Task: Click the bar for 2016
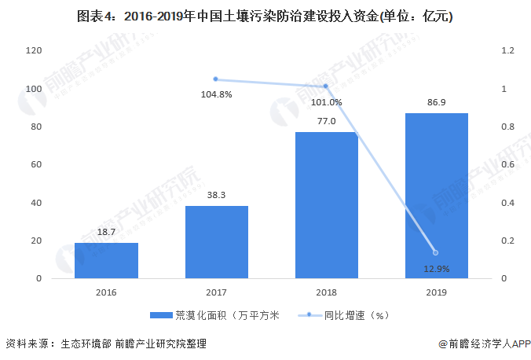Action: (x=106, y=260)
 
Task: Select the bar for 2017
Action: (x=216, y=242)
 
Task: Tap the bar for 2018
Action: (x=326, y=205)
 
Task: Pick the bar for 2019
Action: (x=436, y=196)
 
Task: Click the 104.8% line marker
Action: (x=216, y=79)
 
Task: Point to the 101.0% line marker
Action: (x=326, y=86)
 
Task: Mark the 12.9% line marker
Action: (x=436, y=252)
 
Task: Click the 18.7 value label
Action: (x=106, y=232)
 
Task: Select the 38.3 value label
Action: (x=216, y=195)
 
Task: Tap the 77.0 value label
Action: (x=326, y=121)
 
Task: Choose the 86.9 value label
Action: (x=436, y=102)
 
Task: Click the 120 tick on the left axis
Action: (x=33, y=50)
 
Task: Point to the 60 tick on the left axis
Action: (x=35, y=165)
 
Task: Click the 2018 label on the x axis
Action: (x=326, y=292)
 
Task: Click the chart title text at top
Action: (x=265, y=16)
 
